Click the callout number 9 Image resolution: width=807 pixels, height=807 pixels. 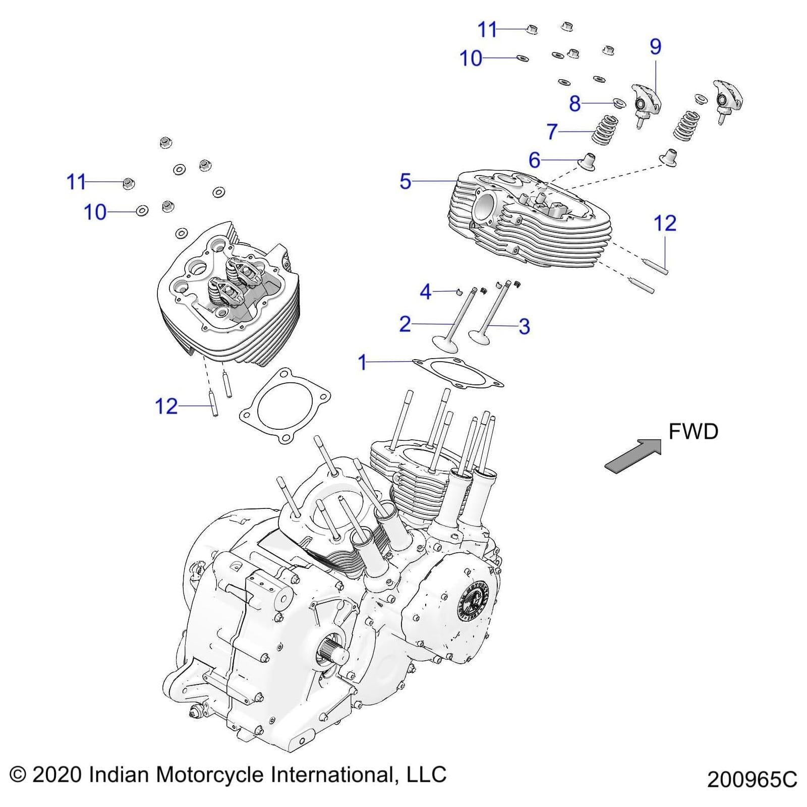(x=655, y=46)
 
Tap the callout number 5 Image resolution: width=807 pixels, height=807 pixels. (x=405, y=182)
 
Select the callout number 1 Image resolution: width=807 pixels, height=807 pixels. (x=362, y=362)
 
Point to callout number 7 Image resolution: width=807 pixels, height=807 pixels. (x=552, y=132)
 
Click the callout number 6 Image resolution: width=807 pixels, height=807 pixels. (x=534, y=160)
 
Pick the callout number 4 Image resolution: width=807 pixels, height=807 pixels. (x=426, y=292)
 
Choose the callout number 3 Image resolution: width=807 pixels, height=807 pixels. (x=524, y=326)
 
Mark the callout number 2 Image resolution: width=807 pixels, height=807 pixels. (x=405, y=324)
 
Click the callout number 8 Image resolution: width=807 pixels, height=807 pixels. (x=574, y=104)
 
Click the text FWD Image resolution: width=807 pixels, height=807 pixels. (x=693, y=432)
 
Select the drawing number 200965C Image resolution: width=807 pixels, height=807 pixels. (x=752, y=779)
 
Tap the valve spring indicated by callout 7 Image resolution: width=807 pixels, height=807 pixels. (x=605, y=130)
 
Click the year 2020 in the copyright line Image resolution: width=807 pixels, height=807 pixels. (x=57, y=775)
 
